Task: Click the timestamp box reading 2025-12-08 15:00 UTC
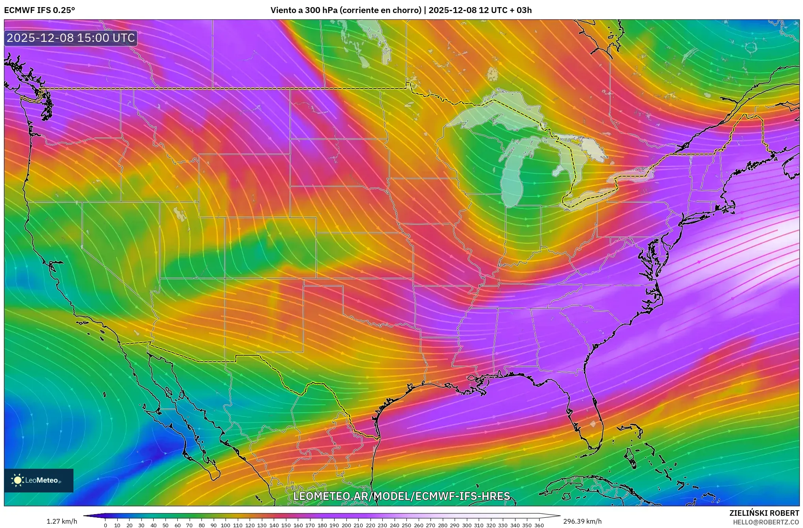click(71, 38)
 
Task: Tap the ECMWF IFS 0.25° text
click(39, 10)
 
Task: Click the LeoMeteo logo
click(38, 480)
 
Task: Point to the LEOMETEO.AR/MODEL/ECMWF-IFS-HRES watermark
click(401, 496)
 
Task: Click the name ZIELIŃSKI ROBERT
click(764, 513)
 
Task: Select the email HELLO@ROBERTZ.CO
click(766, 522)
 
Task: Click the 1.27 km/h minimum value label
click(62, 521)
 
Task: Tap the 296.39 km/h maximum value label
click(582, 521)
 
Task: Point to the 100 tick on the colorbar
click(226, 525)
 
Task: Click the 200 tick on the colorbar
click(346, 525)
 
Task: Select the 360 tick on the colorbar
click(539, 525)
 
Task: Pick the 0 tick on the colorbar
click(105, 525)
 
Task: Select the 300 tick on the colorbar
click(467, 525)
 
